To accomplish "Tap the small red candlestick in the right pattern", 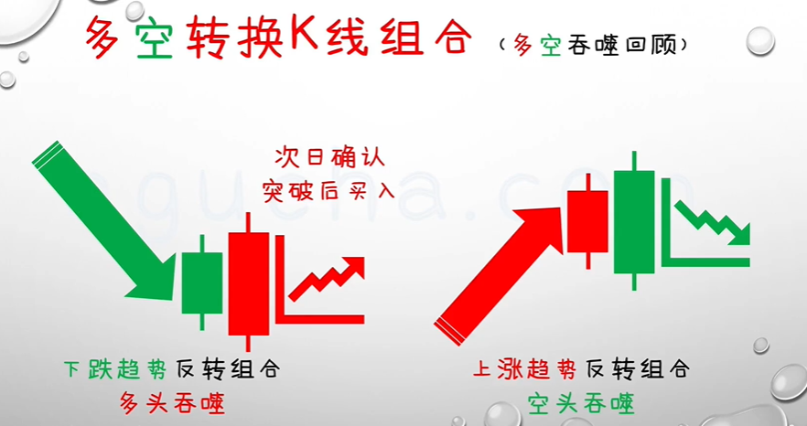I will pos(586,220).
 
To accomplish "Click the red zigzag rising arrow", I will pos(328,279).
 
